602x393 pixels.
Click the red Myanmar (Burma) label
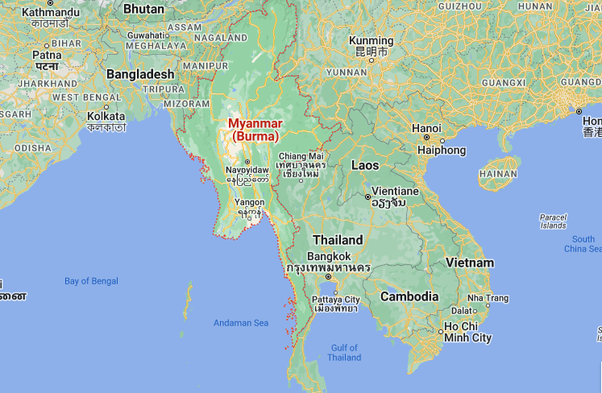[255, 130]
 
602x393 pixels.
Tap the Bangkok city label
[329, 256]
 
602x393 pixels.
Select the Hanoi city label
[426, 128]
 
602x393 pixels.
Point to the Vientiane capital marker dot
[367, 196]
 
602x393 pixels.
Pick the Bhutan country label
[144, 10]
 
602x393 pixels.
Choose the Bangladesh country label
[141, 73]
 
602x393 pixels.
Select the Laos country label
[365, 165]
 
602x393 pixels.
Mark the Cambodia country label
[409, 296]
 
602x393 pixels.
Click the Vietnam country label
[469, 263]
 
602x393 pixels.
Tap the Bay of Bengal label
[91, 281]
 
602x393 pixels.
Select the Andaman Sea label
[240, 323]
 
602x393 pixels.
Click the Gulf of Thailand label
[344, 352]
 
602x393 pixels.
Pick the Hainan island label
[497, 173]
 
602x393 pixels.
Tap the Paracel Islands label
[553, 221]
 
